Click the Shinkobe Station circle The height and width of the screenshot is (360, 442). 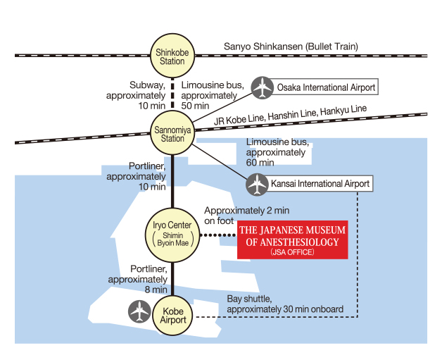point(172,56)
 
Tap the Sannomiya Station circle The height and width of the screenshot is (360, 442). point(172,133)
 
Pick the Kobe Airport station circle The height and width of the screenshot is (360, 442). point(173,315)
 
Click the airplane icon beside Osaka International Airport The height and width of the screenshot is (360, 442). point(263,88)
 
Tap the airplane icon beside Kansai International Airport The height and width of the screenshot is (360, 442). point(256,185)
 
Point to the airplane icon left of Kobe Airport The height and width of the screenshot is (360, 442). point(139,311)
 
